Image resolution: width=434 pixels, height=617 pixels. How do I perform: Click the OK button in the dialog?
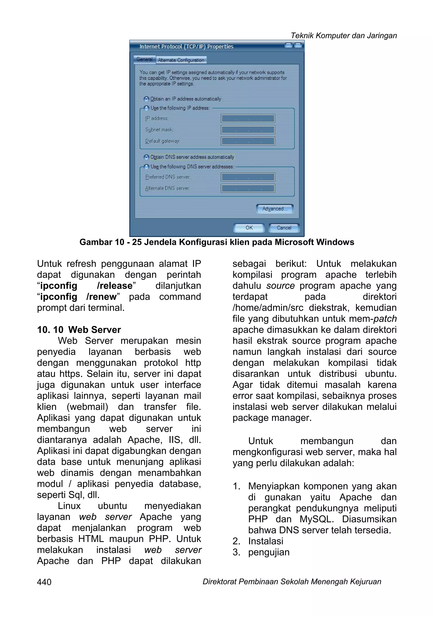click(x=249, y=228)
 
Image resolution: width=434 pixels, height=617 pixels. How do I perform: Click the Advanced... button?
click(x=274, y=209)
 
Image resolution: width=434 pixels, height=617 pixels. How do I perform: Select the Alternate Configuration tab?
click(x=181, y=60)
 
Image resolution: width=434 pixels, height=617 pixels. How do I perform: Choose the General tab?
click(x=145, y=59)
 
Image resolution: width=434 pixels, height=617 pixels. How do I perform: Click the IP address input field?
click(x=248, y=119)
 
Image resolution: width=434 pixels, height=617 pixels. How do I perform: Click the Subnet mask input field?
click(x=248, y=130)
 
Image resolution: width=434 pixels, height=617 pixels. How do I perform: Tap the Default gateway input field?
click(x=248, y=141)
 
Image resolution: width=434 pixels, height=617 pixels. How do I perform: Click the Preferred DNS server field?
click(x=248, y=177)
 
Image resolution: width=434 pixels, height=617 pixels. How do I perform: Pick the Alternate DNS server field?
click(x=248, y=188)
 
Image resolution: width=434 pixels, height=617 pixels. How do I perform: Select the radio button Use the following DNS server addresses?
click(x=146, y=167)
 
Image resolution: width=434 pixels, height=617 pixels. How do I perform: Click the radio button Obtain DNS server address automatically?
click(x=146, y=157)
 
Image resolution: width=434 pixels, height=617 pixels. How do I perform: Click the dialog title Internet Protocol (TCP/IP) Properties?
click(x=186, y=46)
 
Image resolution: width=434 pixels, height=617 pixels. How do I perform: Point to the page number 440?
click(x=44, y=582)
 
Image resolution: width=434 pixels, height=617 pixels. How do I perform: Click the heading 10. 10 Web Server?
click(x=79, y=330)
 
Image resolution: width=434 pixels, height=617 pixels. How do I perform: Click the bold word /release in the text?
click(x=115, y=286)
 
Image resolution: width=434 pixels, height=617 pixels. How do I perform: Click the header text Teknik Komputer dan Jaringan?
click(x=344, y=35)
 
